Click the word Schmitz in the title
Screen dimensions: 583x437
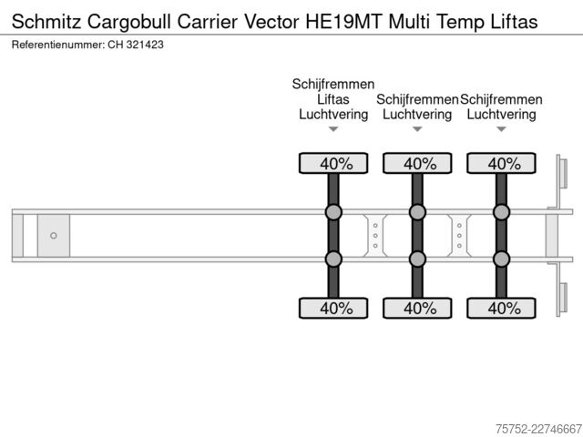(x=46, y=22)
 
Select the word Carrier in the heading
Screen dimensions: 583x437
(x=207, y=22)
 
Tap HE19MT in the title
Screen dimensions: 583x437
(x=344, y=22)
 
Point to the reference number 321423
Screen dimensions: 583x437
(x=145, y=45)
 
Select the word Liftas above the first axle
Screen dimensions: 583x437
(x=333, y=99)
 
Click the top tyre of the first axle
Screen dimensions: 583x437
(x=333, y=163)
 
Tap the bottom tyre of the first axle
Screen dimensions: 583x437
(x=333, y=308)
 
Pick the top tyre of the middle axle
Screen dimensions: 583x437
(x=417, y=163)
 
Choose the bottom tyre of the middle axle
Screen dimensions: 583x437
(x=417, y=308)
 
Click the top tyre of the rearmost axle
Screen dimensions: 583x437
(x=502, y=163)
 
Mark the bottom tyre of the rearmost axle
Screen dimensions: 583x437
(x=502, y=308)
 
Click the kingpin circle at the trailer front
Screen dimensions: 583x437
(x=54, y=236)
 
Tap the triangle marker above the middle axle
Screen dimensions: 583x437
(x=417, y=129)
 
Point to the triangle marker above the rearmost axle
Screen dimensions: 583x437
(x=502, y=129)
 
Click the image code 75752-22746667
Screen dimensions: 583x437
(x=538, y=429)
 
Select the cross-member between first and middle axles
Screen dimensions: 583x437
(x=375, y=236)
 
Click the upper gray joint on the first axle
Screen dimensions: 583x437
(x=333, y=212)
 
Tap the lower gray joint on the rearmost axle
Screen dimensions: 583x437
(x=502, y=259)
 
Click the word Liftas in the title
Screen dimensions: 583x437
(x=514, y=22)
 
